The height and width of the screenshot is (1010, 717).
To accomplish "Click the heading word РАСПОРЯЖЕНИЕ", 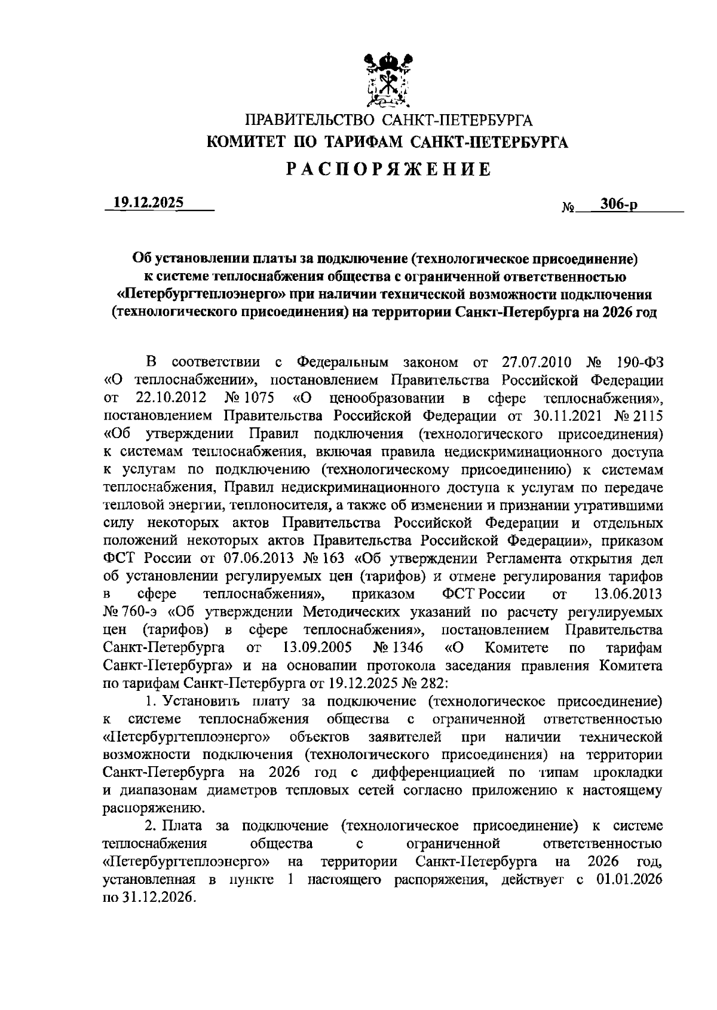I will [x=388, y=170].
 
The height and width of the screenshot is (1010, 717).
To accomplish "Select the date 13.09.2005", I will [x=317, y=648].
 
